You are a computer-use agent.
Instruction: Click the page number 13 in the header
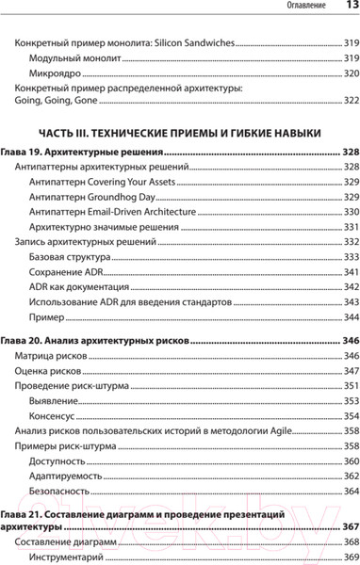pos(346,8)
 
